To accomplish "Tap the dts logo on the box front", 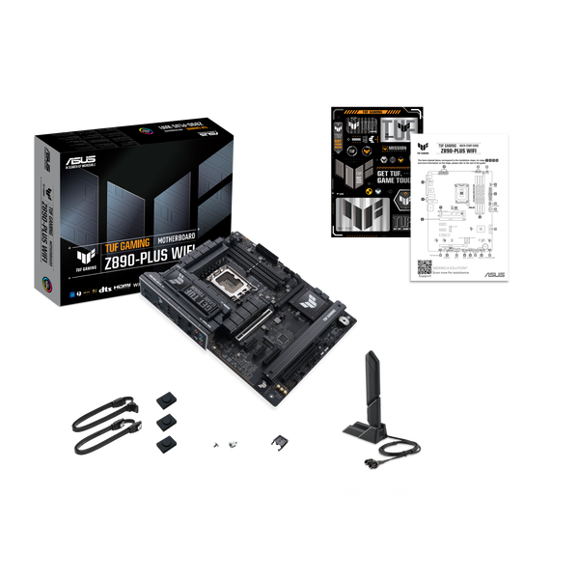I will (100, 288).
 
